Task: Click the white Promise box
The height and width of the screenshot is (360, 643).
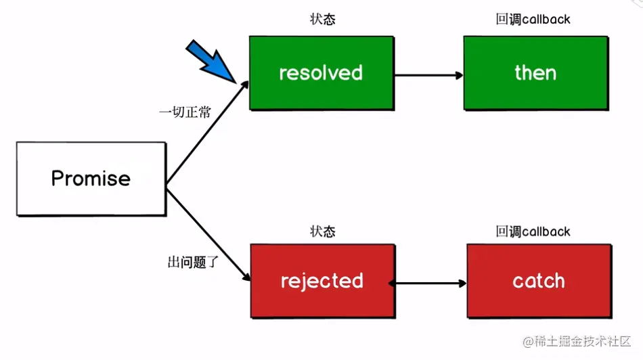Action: (x=91, y=179)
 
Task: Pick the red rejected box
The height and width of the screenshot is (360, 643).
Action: (x=322, y=298)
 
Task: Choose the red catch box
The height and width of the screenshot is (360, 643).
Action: (x=539, y=298)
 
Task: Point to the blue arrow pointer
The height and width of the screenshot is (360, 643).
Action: (x=210, y=60)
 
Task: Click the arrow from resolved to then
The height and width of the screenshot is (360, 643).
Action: (x=428, y=74)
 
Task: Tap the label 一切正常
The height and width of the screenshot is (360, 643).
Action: (x=185, y=112)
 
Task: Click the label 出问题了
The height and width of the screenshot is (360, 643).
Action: (x=193, y=261)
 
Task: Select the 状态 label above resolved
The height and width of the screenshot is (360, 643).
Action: (x=322, y=20)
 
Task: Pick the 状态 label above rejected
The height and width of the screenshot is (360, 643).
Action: (x=322, y=231)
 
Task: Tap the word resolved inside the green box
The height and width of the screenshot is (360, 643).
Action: (x=321, y=73)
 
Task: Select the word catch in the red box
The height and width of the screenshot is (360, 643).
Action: (x=539, y=281)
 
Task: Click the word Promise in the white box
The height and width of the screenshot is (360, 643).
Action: (x=91, y=179)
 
